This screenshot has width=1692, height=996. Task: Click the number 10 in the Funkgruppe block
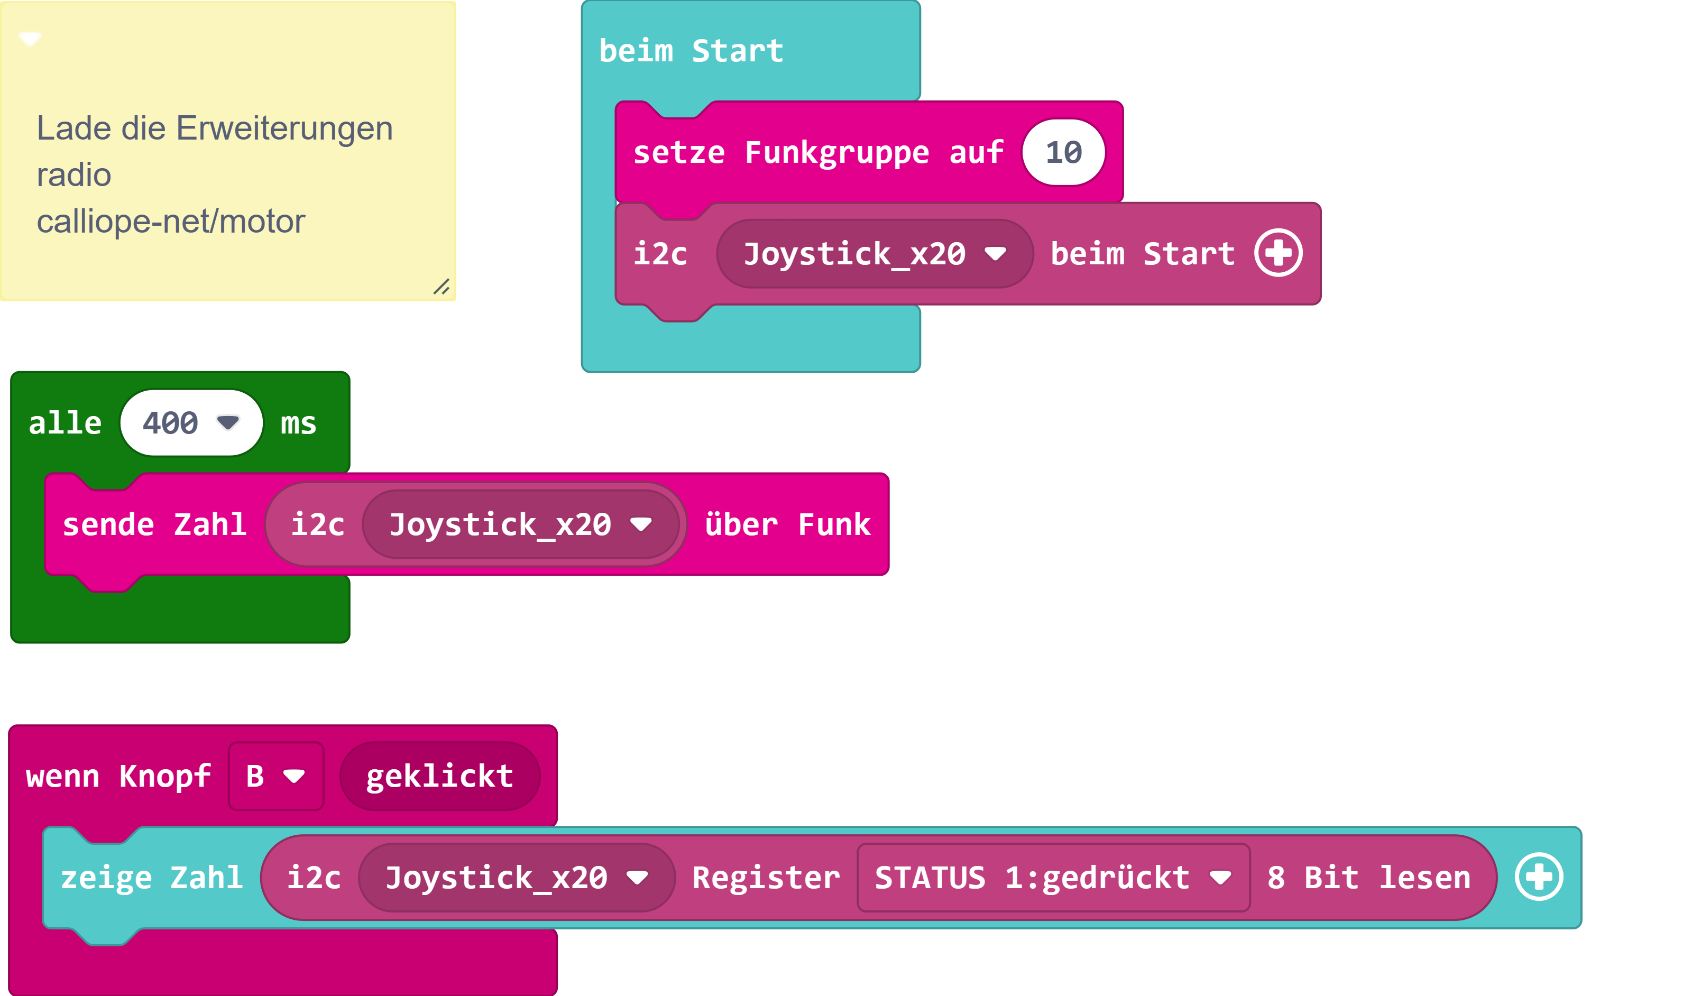pyautogui.click(x=1063, y=153)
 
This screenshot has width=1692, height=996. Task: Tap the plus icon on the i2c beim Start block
pyautogui.click(x=1279, y=253)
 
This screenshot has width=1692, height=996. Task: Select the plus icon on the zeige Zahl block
pyautogui.click(x=1539, y=877)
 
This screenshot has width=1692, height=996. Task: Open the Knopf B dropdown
pyautogui.click(x=276, y=776)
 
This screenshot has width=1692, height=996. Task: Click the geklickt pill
pyautogui.click(x=440, y=776)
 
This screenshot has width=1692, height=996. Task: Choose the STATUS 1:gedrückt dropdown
pyautogui.click(x=1053, y=877)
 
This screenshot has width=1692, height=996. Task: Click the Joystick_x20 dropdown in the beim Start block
pyautogui.click(x=874, y=254)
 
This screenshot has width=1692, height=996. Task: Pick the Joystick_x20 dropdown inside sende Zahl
pyautogui.click(x=520, y=524)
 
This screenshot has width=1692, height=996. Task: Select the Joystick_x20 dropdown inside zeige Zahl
pyautogui.click(x=517, y=877)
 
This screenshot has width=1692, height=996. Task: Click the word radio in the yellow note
pyautogui.click(x=74, y=175)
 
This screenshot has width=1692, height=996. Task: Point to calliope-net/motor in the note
pyautogui.click(x=171, y=222)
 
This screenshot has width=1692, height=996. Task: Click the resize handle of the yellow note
pyautogui.click(x=441, y=287)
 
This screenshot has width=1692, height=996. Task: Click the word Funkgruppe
pyautogui.click(x=836, y=153)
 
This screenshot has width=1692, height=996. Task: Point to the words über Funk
pyautogui.click(x=787, y=524)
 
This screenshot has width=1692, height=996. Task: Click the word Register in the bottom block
pyautogui.click(x=766, y=877)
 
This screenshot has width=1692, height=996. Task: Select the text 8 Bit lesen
pyautogui.click(x=1368, y=877)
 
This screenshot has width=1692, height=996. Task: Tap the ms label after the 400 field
pyautogui.click(x=298, y=423)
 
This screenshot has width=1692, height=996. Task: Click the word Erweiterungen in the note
pyautogui.click(x=284, y=128)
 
